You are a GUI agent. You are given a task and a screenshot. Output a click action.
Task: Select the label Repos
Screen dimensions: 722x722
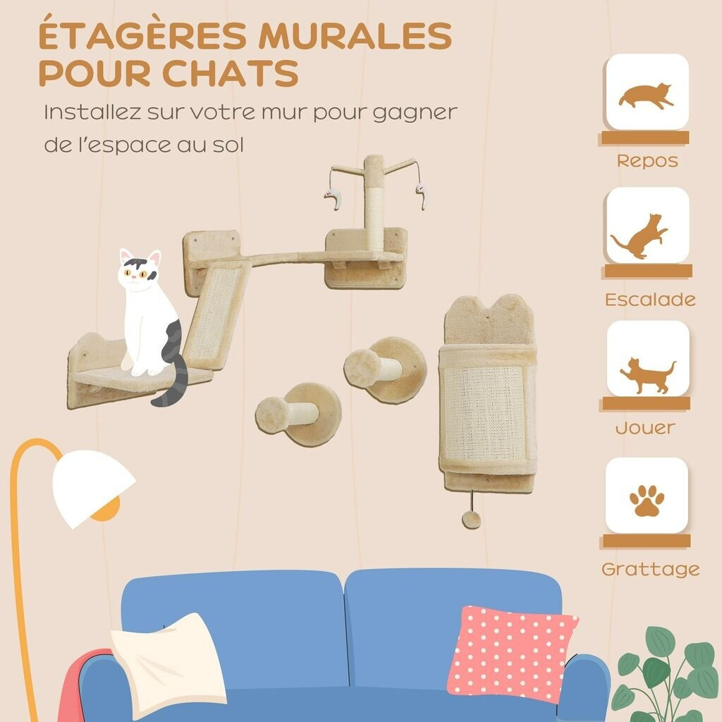tap(647, 161)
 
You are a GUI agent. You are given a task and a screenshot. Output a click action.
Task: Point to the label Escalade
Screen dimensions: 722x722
tap(650, 300)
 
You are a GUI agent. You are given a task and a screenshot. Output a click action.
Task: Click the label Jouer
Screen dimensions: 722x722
tap(645, 428)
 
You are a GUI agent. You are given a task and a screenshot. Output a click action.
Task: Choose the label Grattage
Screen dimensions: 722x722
tap(650, 570)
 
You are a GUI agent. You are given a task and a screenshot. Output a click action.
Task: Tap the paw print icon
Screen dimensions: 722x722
tap(647, 500)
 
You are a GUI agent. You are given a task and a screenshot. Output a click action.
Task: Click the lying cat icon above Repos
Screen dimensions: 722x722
tap(646, 95)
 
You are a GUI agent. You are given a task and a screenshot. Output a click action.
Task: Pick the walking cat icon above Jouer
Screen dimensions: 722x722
tap(647, 375)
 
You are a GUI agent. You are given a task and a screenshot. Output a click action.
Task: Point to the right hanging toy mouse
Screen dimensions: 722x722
tap(422, 195)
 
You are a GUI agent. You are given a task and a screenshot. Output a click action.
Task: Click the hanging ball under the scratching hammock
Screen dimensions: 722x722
tap(471, 520)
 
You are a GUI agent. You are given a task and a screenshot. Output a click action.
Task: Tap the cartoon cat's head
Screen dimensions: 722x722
tap(139, 271)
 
